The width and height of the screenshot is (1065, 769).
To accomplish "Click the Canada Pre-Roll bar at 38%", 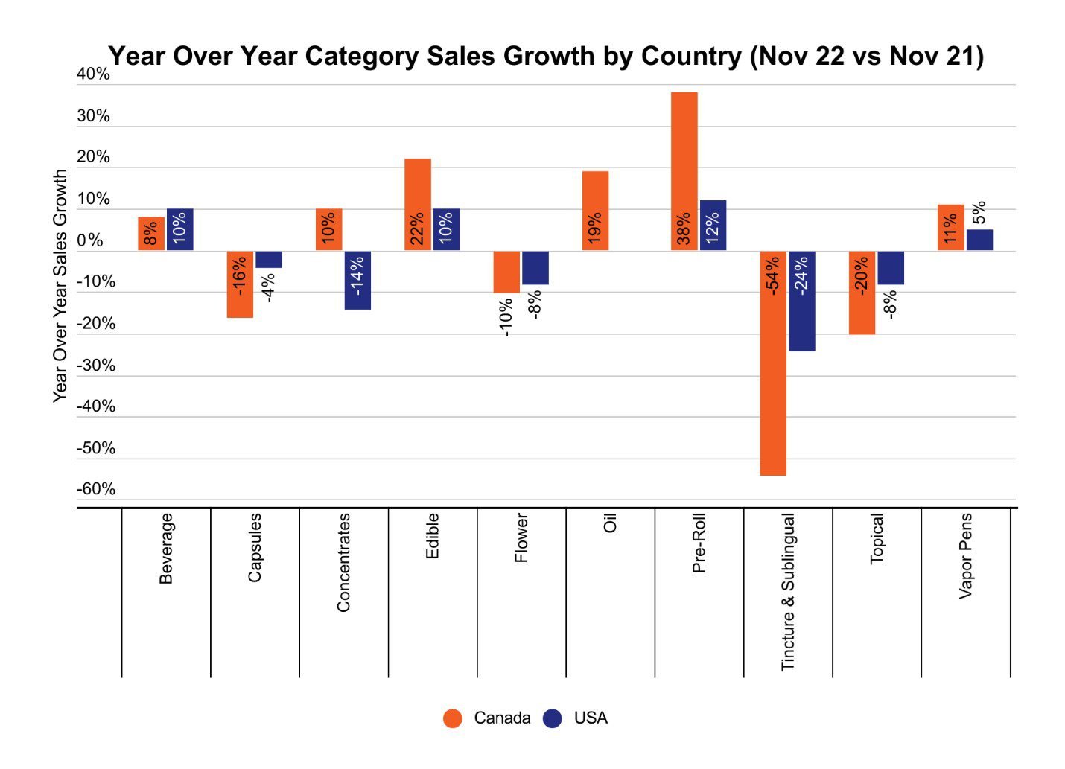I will pyautogui.click(x=684, y=171).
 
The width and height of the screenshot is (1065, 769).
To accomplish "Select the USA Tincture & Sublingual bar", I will pyautogui.click(x=801, y=301).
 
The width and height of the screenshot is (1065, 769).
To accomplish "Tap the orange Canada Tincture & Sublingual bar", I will pyautogui.click(x=773, y=363).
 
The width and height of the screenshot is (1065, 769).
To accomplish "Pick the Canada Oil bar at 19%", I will pyautogui.click(x=595, y=211).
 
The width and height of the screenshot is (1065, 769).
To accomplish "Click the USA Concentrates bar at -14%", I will pyautogui.click(x=357, y=280).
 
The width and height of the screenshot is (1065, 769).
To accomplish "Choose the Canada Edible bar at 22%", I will pyautogui.click(x=417, y=205).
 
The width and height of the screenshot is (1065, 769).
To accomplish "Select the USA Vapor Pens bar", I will pyautogui.click(x=979, y=240).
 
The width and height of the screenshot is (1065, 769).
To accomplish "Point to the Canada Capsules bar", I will pyautogui.click(x=240, y=284).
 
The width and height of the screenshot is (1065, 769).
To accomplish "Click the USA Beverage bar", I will pyautogui.click(x=179, y=229).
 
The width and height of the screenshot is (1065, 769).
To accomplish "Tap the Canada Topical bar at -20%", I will pyautogui.click(x=862, y=293).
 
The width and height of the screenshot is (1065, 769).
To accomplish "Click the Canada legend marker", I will pyautogui.click(x=453, y=718).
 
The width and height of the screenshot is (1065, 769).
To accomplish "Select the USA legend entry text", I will pyautogui.click(x=591, y=718).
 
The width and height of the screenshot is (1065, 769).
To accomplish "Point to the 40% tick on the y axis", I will pyautogui.click(x=93, y=74).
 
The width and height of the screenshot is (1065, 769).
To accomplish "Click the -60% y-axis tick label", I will pyautogui.click(x=96, y=489).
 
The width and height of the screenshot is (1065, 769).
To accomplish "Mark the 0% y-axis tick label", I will pyautogui.click(x=90, y=240).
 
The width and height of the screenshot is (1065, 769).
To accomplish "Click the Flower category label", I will pyautogui.click(x=521, y=537).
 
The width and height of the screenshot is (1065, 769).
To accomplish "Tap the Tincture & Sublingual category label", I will pyautogui.click(x=788, y=593).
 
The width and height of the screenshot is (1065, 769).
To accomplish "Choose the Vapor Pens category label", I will pyautogui.click(x=965, y=555).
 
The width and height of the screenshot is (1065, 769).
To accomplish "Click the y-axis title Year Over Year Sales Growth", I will pyautogui.click(x=60, y=286).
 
